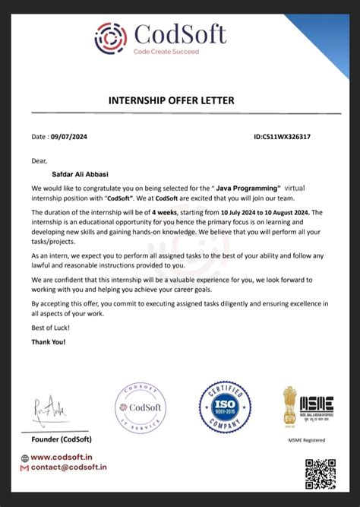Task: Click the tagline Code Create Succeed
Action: (x=166, y=52)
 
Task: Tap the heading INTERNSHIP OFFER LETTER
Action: (x=180, y=100)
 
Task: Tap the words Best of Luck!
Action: (x=51, y=328)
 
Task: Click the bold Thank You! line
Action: (x=49, y=342)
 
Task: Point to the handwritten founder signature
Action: (x=50, y=412)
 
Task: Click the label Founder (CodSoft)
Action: (x=61, y=438)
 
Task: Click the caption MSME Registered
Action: (x=307, y=439)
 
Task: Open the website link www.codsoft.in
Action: (x=63, y=457)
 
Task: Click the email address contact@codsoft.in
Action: (x=68, y=469)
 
